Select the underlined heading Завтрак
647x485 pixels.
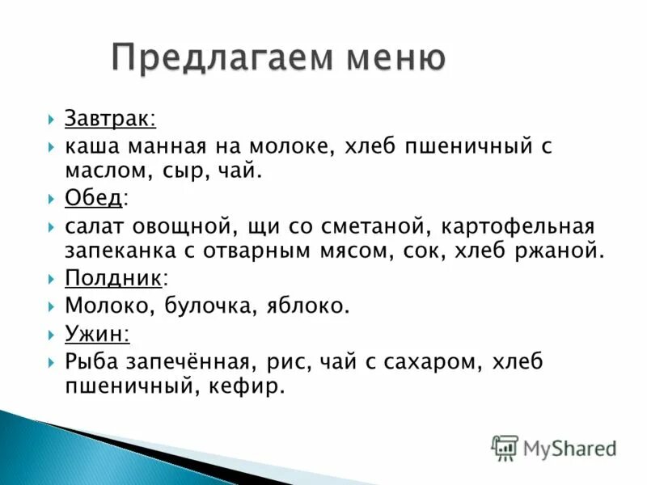tap(111, 120)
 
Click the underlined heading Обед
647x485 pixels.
tap(95, 197)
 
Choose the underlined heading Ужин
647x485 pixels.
tap(96, 332)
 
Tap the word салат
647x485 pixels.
tap(94, 226)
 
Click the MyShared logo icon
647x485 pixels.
tap(505, 447)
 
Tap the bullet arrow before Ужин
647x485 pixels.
tap(51, 333)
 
